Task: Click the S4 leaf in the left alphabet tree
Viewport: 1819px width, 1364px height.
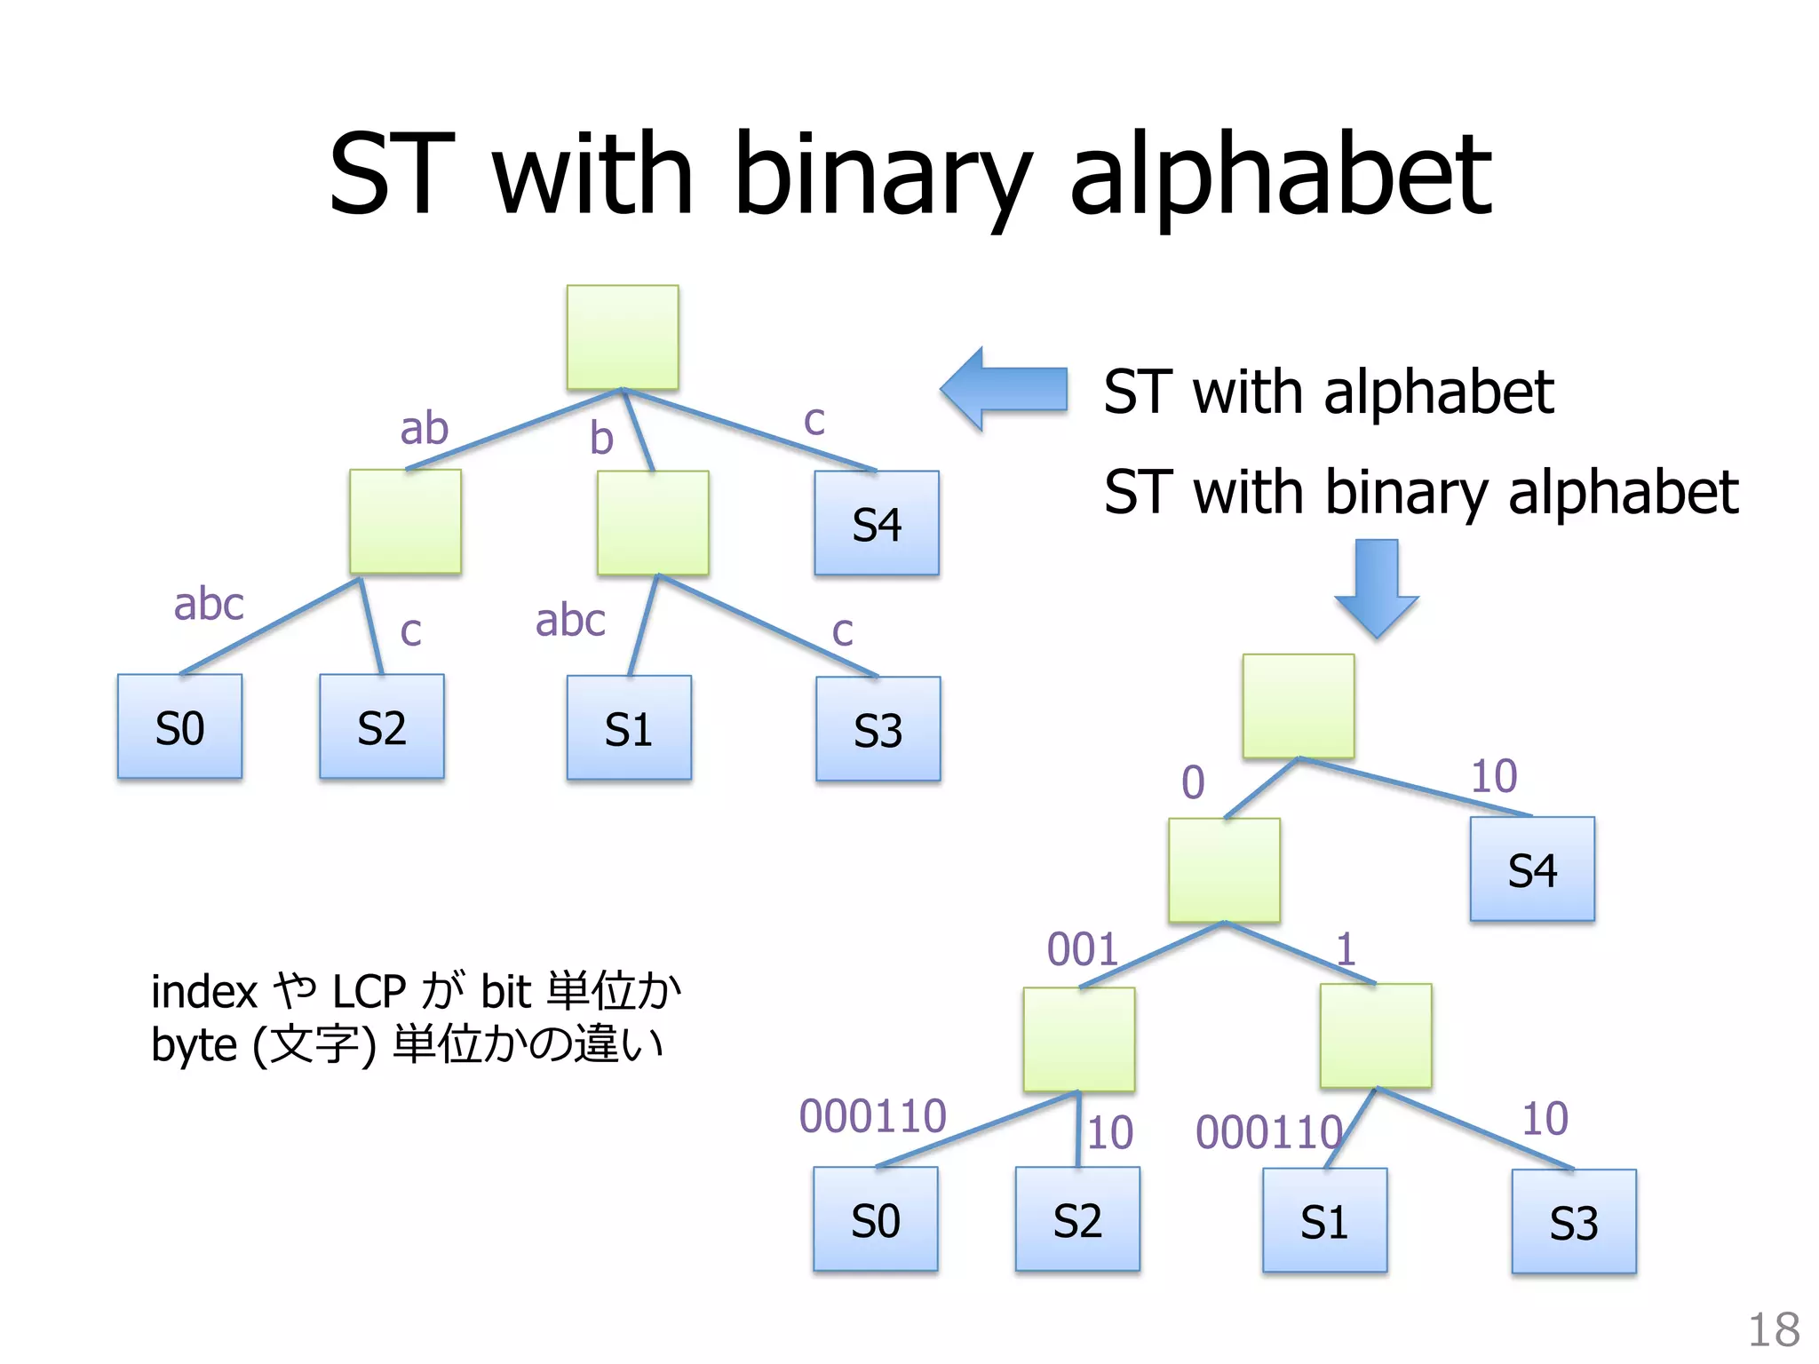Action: click(x=876, y=523)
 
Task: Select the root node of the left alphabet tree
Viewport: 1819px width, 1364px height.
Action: click(x=623, y=337)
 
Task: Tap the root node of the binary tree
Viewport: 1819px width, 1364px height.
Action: click(x=1298, y=706)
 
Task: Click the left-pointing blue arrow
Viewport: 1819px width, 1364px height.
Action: click(x=1005, y=389)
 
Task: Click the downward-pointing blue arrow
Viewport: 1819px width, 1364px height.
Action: click(x=1377, y=587)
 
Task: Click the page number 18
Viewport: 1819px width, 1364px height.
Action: click(x=1773, y=1330)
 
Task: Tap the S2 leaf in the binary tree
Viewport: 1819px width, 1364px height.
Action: click(x=1077, y=1219)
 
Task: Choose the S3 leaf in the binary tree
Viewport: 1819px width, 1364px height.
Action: click(x=1573, y=1222)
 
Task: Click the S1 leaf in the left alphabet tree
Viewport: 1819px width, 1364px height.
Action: click(x=629, y=728)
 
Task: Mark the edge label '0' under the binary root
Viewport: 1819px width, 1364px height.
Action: click(x=1193, y=782)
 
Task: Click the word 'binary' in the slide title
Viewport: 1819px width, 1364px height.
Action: click(x=884, y=175)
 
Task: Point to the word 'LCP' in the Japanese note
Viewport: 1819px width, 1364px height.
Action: click(x=369, y=991)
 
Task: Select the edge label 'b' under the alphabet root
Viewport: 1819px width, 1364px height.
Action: click(x=601, y=438)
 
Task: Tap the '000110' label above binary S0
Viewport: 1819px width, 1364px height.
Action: click(x=872, y=1115)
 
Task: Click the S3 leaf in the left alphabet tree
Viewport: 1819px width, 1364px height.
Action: click(x=878, y=730)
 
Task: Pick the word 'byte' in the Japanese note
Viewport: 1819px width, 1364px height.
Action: click(x=194, y=1045)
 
